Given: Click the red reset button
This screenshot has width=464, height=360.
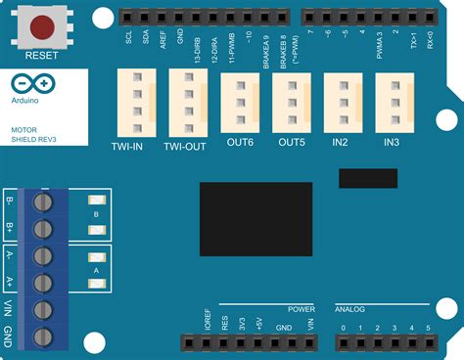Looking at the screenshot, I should point(41,26).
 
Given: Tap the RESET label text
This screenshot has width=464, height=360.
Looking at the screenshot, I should point(41,57).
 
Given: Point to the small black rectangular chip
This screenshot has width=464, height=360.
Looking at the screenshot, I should point(367,178).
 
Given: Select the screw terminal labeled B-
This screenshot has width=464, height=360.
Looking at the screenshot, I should point(43,202).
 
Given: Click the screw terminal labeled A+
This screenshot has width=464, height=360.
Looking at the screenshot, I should point(43,284).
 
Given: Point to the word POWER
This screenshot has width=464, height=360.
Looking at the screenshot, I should point(302,308).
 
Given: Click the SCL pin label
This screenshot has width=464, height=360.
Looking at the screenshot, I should point(129,38).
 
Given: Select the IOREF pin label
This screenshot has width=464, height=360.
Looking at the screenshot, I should point(208,324).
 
